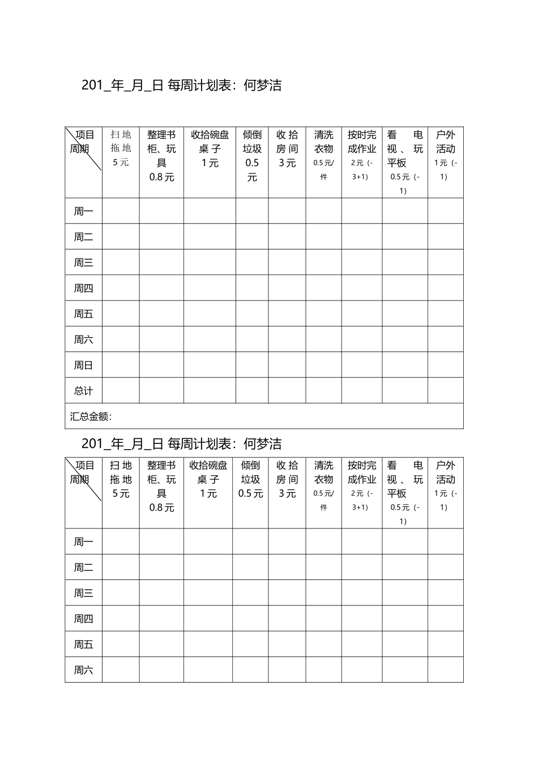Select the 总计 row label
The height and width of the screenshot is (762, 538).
83,391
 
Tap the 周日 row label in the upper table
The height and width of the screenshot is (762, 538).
83,366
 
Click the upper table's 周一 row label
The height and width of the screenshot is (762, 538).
83,211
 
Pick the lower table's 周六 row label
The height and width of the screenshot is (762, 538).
83,670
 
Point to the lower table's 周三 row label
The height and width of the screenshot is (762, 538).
83,593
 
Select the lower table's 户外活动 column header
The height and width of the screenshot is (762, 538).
445,472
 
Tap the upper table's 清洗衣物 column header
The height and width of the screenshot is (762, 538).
323,142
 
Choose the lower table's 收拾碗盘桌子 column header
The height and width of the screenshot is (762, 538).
208,472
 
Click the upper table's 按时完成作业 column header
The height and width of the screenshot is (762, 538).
362,142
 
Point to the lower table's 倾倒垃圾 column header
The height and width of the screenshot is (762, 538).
250,472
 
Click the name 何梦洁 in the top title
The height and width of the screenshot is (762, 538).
262,86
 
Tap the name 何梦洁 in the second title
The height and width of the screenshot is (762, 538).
262,444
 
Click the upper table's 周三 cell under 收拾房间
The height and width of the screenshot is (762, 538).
287,263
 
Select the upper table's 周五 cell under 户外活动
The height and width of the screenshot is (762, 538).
445,314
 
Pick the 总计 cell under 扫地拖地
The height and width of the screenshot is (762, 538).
121,391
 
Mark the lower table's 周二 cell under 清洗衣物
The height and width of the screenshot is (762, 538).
323,567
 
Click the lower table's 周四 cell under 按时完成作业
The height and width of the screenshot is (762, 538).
362,619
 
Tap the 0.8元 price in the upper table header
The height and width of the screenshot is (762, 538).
162,177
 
